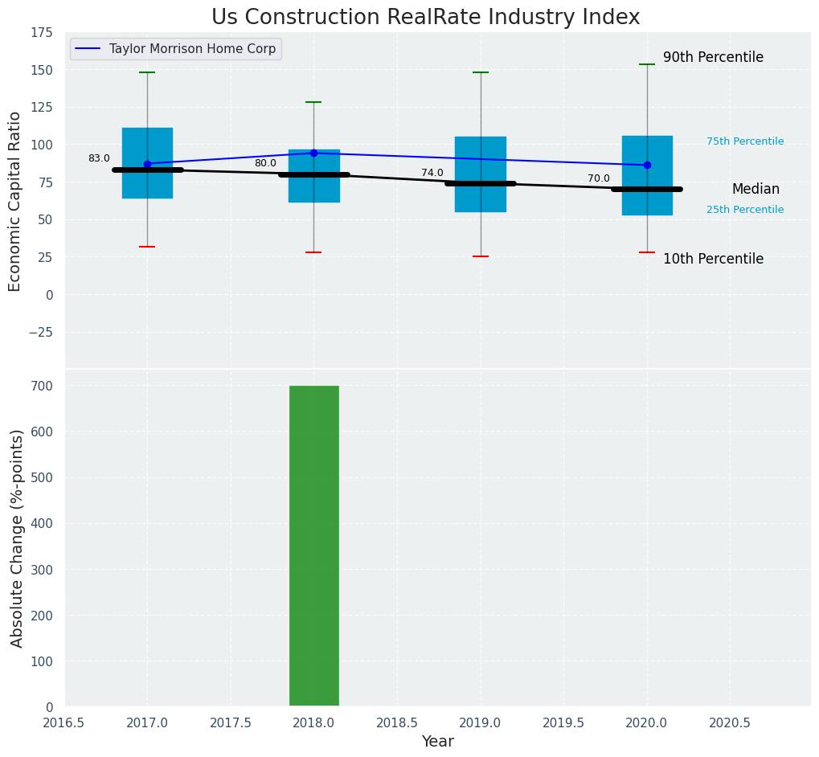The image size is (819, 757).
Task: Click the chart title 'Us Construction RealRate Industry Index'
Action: coord(425,18)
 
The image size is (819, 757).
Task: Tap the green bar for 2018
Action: coord(313,546)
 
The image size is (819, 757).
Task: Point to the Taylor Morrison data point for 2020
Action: coord(647,165)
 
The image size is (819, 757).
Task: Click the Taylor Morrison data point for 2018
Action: coord(313,153)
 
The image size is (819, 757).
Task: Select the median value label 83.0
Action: coord(99,158)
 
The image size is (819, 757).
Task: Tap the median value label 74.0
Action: coord(432,173)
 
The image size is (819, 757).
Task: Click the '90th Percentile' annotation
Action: coord(713,58)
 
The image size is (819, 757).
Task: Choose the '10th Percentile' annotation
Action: coord(713,259)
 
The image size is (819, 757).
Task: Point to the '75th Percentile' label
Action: coord(745,141)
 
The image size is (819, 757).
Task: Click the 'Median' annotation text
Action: coord(756,190)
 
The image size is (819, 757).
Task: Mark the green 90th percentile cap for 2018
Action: coord(313,102)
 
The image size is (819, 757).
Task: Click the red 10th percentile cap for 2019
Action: coord(481,256)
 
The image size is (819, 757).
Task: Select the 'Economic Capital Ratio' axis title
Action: coord(15,201)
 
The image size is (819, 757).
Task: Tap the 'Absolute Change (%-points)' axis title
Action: coord(17,538)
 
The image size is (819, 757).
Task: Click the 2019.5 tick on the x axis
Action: coord(563,722)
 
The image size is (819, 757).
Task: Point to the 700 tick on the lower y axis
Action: coord(42,386)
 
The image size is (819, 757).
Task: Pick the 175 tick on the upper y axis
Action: coord(42,33)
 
